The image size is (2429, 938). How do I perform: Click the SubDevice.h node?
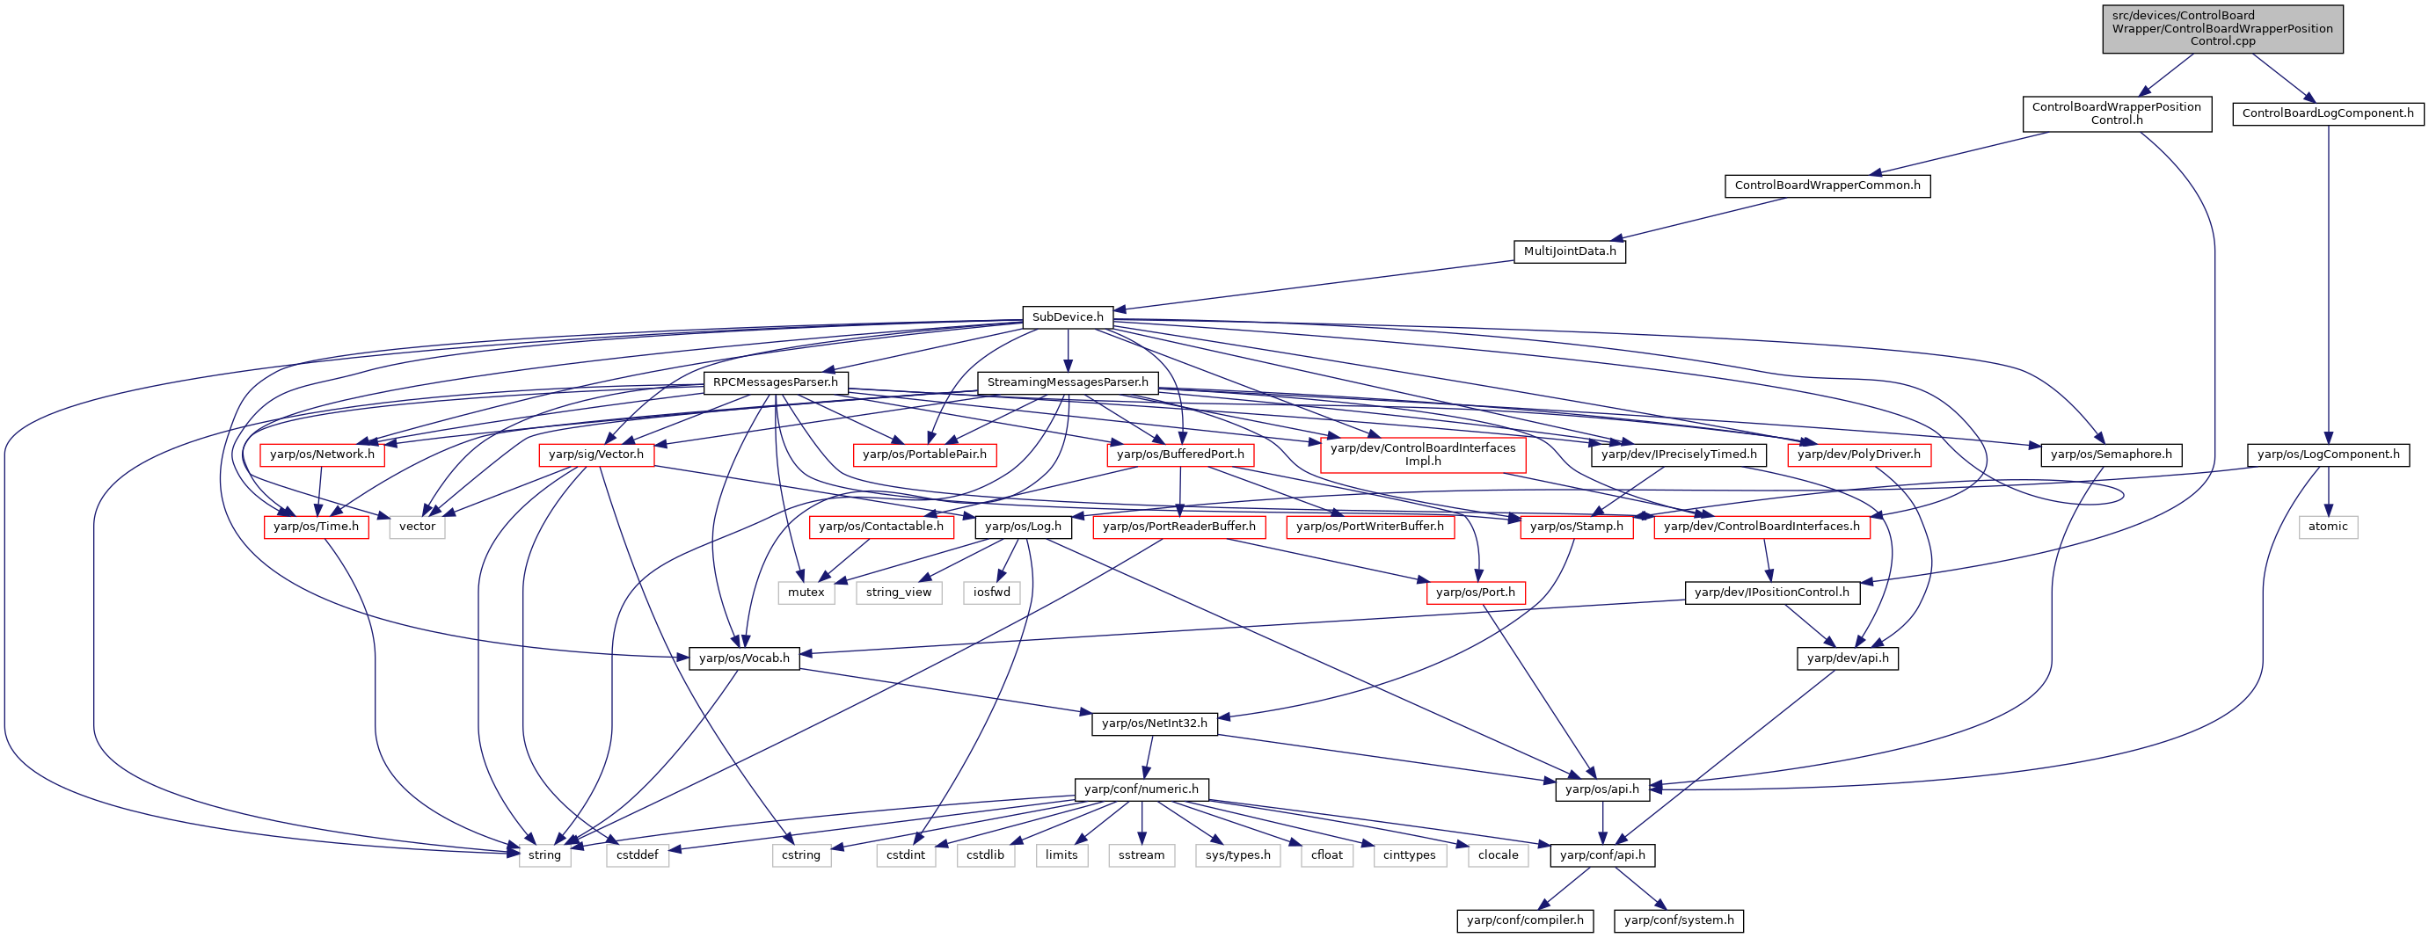[1068, 316]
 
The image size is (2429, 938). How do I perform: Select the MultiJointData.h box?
[1570, 251]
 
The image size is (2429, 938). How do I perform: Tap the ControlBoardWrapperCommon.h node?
[1827, 185]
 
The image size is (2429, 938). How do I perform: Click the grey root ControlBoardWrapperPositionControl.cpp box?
[2222, 28]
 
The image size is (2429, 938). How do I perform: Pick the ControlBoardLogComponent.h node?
[2328, 113]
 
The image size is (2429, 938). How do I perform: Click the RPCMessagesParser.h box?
[775, 382]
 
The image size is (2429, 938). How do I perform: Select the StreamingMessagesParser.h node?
[1068, 382]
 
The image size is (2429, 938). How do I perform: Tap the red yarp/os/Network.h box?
[322, 454]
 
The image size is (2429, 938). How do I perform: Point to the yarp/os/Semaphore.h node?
[2112, 454]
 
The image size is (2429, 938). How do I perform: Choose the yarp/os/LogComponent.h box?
[2328, 454]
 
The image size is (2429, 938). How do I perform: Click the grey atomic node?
[2328, 526]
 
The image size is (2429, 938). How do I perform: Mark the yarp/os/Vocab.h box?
[744, 658]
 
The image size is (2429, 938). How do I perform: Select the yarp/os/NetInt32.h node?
[1154, 723]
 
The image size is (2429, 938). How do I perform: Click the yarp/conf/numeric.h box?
[1141, 789]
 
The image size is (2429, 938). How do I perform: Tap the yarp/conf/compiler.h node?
[1525, 920]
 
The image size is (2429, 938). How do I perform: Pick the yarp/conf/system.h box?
[1679, 920]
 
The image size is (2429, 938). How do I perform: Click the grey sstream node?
[1142, 855]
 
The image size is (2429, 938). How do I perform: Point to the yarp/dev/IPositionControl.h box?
[1772, 592]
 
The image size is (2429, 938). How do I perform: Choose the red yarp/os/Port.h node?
[1475, 592]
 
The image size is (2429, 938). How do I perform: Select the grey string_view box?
[899, 592]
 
